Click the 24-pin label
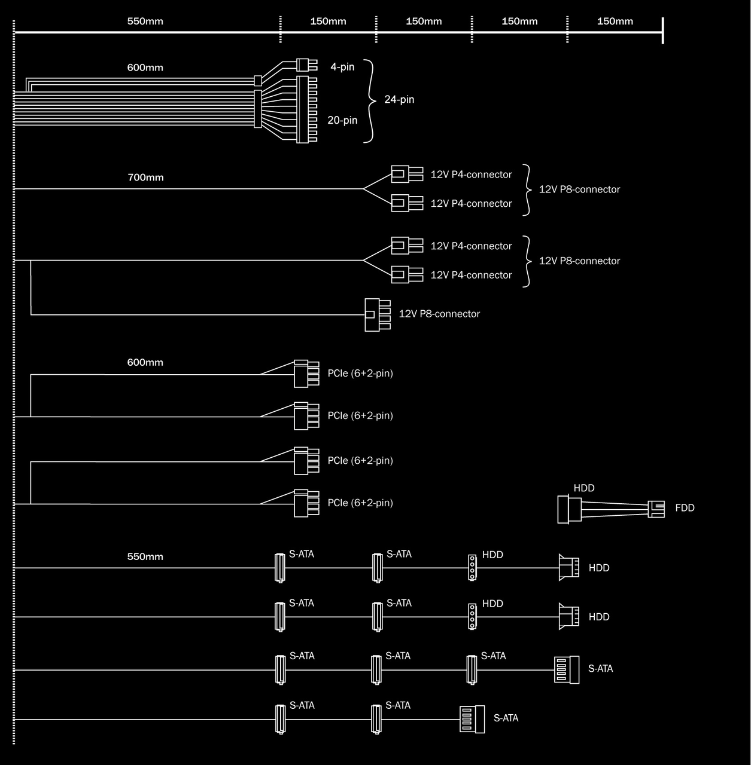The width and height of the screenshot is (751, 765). click(399, 100)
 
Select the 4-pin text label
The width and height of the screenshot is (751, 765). click(342, 67)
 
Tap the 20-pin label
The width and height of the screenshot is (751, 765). click(342, 120)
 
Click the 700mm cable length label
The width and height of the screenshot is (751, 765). click(145, 178)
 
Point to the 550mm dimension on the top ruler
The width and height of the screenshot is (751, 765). click(145, 22)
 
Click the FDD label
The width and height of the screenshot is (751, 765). click(685, 508)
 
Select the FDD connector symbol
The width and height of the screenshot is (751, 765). click(656, 509)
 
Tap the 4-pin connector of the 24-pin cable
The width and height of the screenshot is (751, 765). click(306, 65)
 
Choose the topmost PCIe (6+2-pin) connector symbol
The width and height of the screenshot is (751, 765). click(305, 374)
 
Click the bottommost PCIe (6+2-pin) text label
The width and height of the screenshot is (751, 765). click(360, 503)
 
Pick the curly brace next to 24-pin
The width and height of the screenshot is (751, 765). click(371, 101)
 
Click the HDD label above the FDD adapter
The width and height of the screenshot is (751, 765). click(584, 488)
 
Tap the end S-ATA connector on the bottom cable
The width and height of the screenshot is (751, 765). click(472, 719)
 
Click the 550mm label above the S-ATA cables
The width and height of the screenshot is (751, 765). click(145, 557)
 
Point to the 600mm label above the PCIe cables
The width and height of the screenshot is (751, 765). click(145, 363)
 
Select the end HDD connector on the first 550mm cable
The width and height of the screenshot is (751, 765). click(568, 568)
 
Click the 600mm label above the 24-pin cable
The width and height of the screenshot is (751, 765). click(145, 68)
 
